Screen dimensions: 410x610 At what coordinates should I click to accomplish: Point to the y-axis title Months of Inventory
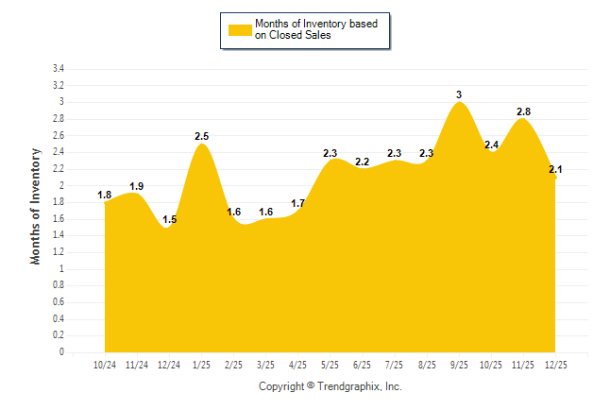36,206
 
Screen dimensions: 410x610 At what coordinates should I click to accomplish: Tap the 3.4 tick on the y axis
59,69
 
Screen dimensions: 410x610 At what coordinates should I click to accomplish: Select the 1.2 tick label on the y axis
59,252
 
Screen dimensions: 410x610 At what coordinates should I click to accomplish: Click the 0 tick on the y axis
61,352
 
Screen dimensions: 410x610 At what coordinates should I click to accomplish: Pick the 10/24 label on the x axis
104,364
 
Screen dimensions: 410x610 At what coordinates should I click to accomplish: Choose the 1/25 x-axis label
202,364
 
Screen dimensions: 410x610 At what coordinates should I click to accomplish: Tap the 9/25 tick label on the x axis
460,364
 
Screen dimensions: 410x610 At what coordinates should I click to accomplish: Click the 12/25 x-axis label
556,364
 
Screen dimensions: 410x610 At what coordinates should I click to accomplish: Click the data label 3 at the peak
459,94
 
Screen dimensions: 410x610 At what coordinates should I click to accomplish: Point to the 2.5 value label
201,136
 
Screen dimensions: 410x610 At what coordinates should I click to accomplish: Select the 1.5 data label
170,219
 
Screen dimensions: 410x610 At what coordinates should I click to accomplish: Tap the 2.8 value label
523,111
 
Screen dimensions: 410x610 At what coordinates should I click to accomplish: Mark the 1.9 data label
136,186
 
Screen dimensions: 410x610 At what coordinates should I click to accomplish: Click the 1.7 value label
297,203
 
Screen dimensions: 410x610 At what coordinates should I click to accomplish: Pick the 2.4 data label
492,145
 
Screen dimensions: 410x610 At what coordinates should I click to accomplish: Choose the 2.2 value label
363,162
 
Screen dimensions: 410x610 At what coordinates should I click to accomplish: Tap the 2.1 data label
555,169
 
